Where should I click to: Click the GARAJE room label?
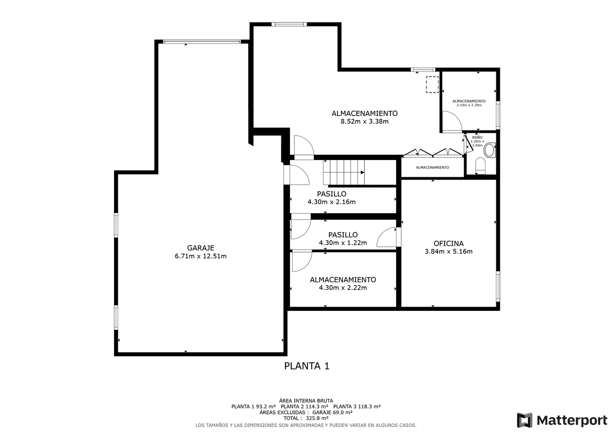click(x=201, y=248)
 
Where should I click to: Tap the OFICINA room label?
click(x=448, y=243)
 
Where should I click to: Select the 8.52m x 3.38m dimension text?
click(x=364, y=121)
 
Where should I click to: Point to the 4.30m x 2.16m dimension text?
click(x=332, y=202)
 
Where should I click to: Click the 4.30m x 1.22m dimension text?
click(x=343, y=243)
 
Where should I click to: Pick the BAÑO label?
click(x=477, y=137)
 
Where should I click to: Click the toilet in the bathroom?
click(x=480, y=166)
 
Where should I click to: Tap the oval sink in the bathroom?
click(x=490, y=150)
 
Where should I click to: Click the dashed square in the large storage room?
click(x=432, y=85)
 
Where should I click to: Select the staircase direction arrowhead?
click(x=362, y=172)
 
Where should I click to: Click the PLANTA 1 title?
click(x=306, y=366)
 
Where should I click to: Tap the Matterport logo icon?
click(x=524, y=420)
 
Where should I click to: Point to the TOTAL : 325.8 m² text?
click(x=306, y=418)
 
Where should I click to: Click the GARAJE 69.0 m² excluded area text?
click(x=332, y=413)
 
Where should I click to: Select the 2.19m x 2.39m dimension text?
click(x=469, y=105)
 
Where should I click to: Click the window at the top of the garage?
click(x=202, y=41)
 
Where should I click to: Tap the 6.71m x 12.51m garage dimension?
click(x=201, y=256)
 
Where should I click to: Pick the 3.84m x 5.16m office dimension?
click(x=448, y=252)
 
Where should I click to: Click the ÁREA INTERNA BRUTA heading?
click(x=306, y=401)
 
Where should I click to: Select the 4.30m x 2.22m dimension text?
click(x=343, y=287)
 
